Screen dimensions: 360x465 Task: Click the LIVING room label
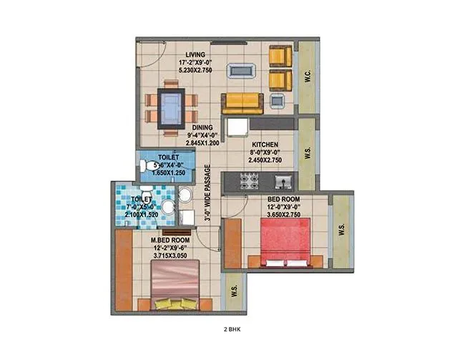pyautogui.click(x=195, y=54)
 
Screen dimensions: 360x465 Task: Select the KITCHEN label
pyautogui.click(x=263, y=144)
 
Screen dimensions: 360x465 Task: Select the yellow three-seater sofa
pyautogui.click(x=242, y=104)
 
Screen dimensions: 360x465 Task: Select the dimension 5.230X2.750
pyautogui.click(x=195, y=72)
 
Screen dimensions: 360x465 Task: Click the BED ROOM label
pyautogui.click(x=283, y=198)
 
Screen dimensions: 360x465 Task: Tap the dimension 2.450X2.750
pyautogui.click(x=263, y=161)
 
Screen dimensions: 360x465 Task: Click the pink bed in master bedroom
pyautogui.click(x=175, y=281)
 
